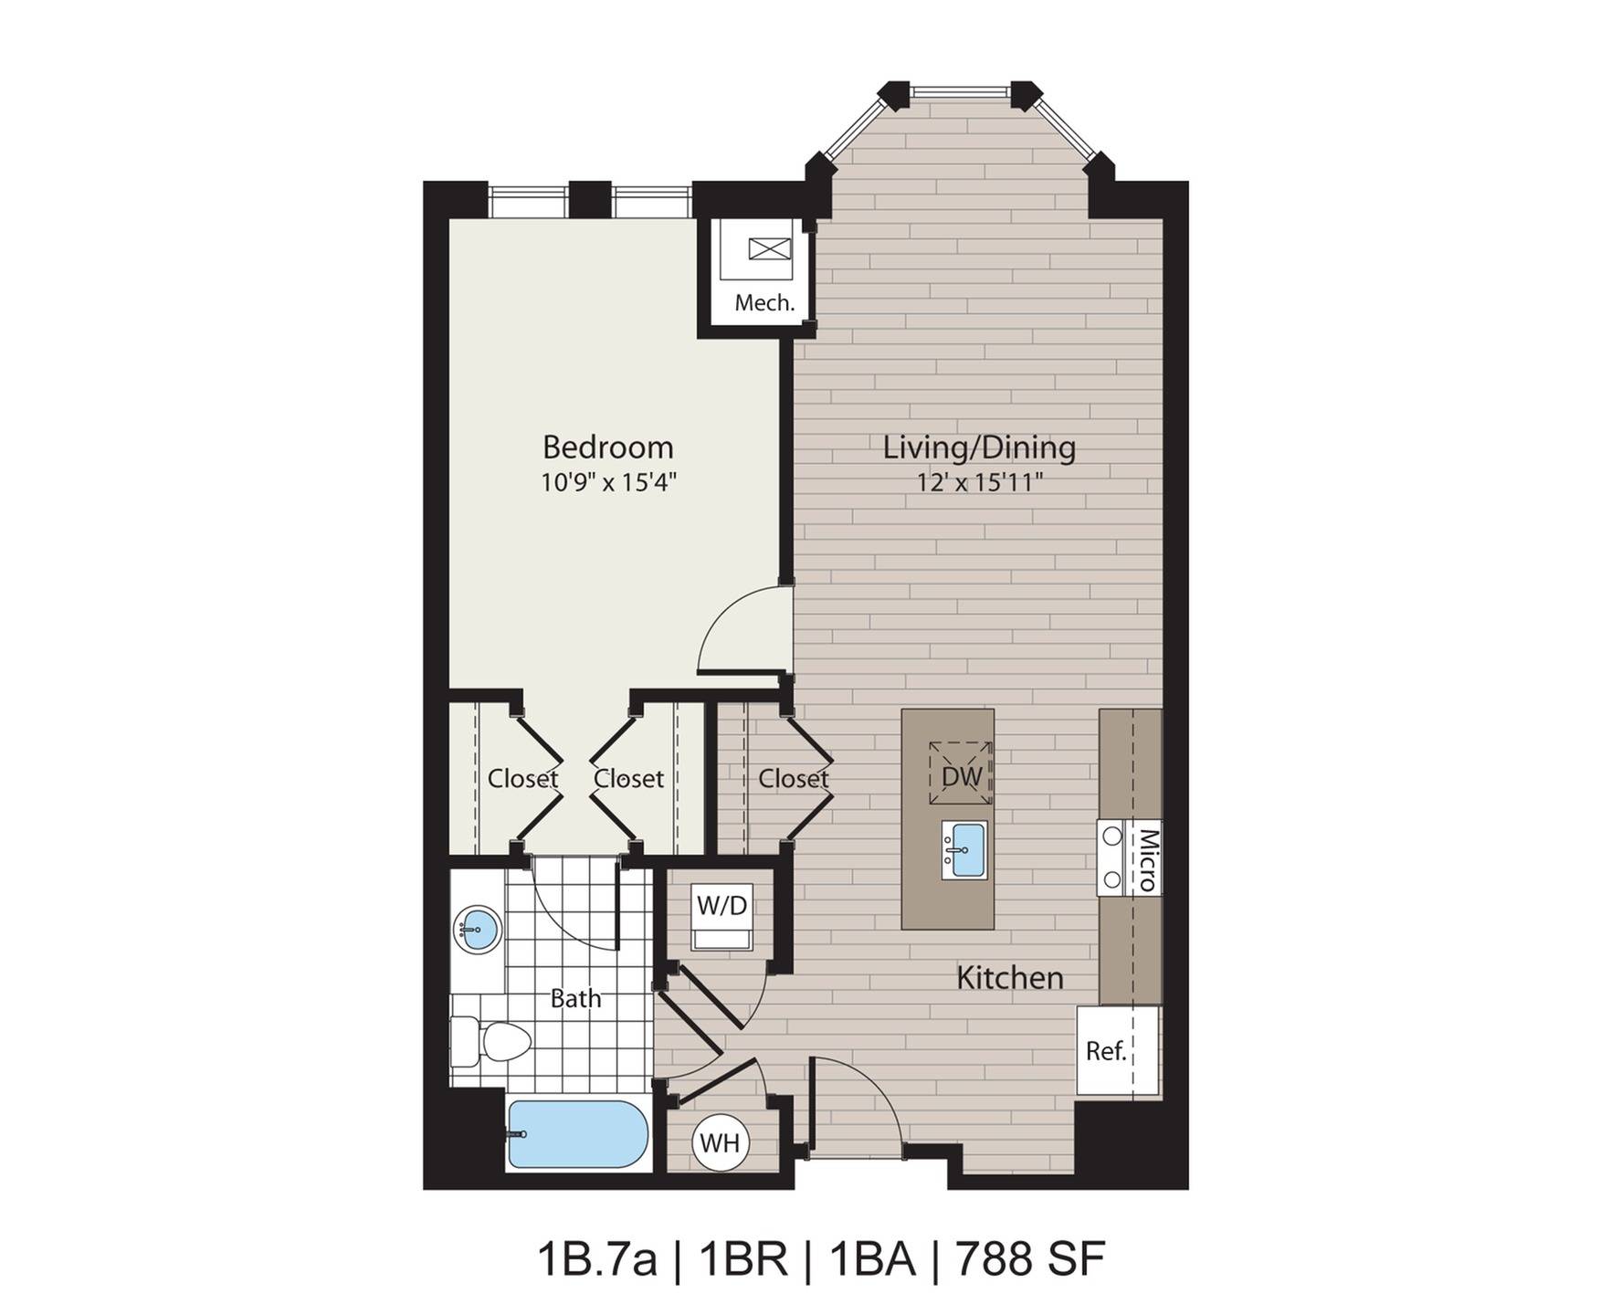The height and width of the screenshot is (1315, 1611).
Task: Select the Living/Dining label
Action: tap(979, 447)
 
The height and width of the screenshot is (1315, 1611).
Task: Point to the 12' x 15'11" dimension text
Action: tap(980, 481)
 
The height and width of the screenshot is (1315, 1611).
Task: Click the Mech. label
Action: tap(764, 302)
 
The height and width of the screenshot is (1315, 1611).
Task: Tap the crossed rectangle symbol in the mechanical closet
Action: tap(767, 248)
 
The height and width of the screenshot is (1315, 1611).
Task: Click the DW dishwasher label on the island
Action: tap(961, 776)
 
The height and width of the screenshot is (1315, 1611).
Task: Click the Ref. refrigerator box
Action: tap(1106, 1051)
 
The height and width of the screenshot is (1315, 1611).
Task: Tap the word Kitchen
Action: tap(1009, 978)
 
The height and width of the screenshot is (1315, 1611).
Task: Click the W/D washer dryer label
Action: tap(721, 906)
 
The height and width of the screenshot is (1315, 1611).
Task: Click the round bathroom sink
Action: tap(478, 930)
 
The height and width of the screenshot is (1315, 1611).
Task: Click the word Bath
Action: tap(575, 999)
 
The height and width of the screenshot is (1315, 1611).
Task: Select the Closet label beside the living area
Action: tap(793, 778)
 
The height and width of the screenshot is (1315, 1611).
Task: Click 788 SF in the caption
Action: tap(1030, 1261)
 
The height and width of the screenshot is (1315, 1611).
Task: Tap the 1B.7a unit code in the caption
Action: tap(596, 1261)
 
